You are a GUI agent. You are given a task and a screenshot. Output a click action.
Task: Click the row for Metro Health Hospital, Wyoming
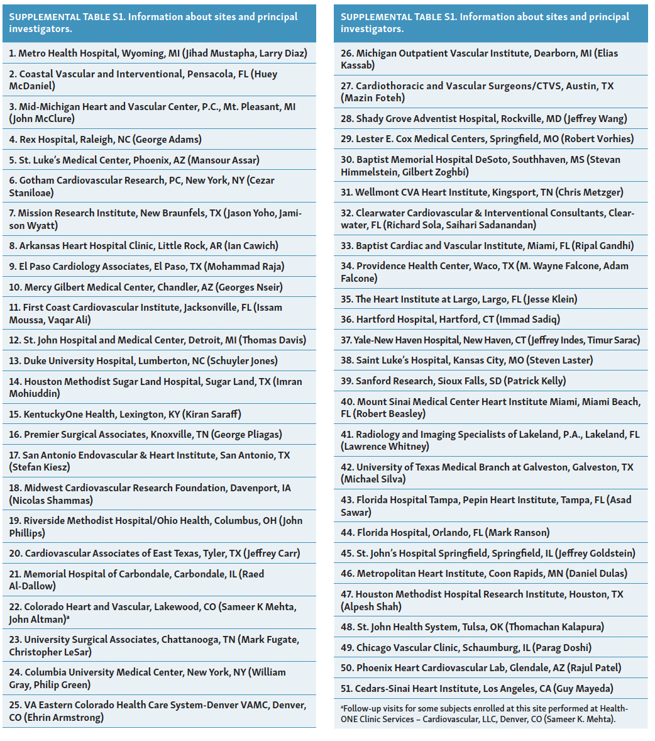click(158, 53)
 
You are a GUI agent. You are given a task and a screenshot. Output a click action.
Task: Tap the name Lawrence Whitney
click(386, 447)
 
